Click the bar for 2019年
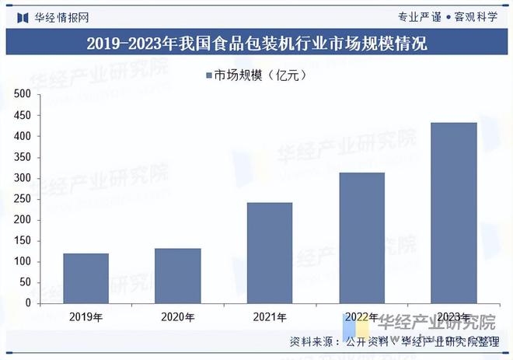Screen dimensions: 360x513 (x=85, y=278)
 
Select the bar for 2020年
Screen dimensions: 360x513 (x=177, y=275)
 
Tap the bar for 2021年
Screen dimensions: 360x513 (x=270, y=253)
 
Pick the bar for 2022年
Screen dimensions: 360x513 (x=361, y=237)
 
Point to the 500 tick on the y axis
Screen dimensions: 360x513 (x=22, y=94)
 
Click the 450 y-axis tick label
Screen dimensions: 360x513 (x=22, y=115)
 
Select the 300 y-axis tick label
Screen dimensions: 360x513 (x=22, y=178)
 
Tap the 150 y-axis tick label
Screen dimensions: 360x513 (x=22, y=241)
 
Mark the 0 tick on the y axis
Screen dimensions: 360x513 (x=26, y=303)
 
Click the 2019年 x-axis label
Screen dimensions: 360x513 (x=85, y=316)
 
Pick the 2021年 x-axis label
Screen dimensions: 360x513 (x=270, y=316)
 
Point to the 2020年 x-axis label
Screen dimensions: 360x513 (x=177, y=316)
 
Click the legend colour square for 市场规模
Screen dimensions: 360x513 (x=208, y=75)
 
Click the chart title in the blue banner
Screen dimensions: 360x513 (x=256, y=43)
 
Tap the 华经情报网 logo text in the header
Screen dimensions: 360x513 (x=61, y=16)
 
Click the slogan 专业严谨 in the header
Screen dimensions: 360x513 (x=419, y=16)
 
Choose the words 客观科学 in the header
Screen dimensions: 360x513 (x=476, y=16)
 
